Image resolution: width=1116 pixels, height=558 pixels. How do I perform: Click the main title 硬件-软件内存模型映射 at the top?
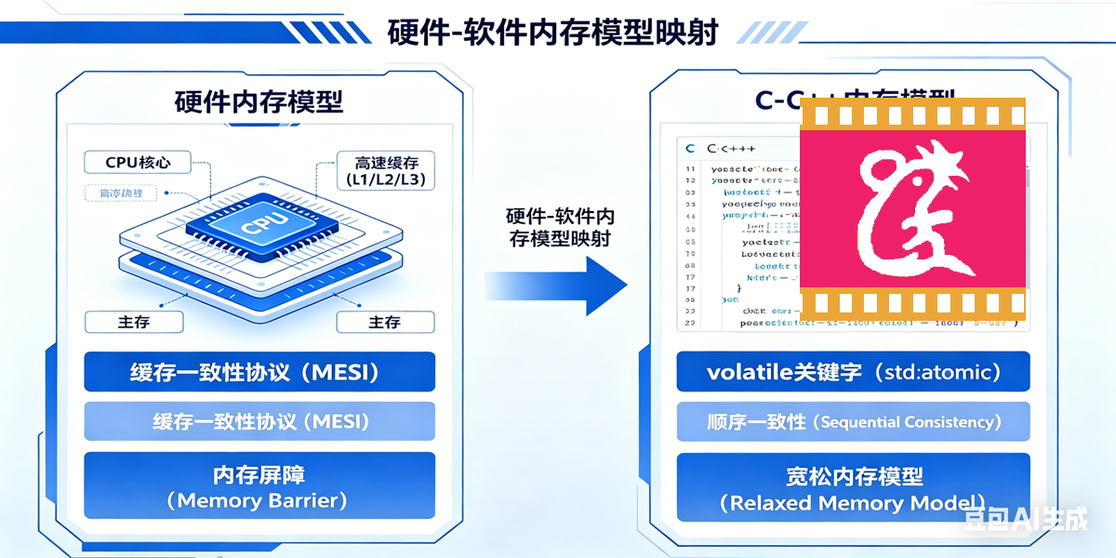pos(552,33)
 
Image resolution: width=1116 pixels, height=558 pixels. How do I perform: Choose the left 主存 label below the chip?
pos(133,322)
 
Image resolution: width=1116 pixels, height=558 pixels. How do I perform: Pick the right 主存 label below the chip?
pos(384,322)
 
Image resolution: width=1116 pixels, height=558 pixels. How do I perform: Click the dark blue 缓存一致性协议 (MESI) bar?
pos(259,372)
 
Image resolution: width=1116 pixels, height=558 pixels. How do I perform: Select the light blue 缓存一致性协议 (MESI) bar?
pos(259,421)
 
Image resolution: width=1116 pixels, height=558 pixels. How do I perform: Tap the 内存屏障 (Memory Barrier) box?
pos(259,485)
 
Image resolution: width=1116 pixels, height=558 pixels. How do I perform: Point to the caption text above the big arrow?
pos(559,227)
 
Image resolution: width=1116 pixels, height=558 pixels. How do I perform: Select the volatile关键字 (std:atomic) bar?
pos(853,372)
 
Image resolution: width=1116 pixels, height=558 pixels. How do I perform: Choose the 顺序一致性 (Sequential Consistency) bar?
pos(853,421)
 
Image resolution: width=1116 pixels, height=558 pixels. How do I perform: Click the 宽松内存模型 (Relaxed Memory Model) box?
pos(853,489)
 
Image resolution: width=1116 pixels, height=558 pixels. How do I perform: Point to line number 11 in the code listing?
pos(690,169)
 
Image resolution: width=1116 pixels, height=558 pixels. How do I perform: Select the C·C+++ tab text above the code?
pos(731,149)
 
